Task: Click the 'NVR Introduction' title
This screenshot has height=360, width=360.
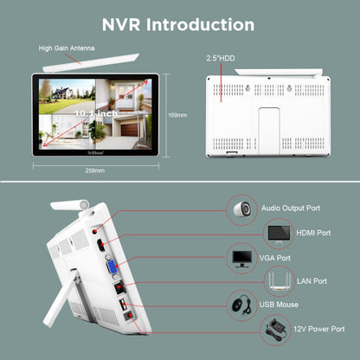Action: (179, 24)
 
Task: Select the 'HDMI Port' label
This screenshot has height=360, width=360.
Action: (311, 233)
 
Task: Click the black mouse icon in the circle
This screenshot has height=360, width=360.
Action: (239, 305)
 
